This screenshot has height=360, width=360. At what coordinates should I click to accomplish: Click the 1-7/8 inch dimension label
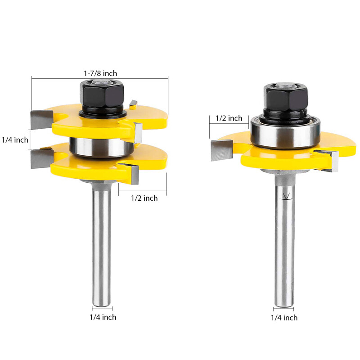(x=100, y=73)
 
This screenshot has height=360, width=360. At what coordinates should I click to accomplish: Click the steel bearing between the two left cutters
(x=101, y=148)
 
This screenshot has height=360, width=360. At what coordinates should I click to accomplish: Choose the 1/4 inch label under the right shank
(x=283, y=318)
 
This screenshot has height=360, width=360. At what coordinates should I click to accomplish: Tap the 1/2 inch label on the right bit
(x=229, y=118)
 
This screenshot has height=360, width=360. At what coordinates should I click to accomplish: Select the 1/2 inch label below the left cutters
(x=144, y=198)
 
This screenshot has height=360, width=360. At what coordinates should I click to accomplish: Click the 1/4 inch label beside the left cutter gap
(x=15, y=140)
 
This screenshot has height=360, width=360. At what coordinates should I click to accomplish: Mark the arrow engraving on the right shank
(x=284, y=197)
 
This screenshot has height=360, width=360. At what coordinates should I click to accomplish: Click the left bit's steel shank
(x=101, y=243)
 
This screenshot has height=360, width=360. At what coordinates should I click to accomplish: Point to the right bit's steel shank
(x=284, y=252)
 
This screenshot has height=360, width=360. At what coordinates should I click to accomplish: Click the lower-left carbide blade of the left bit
(x=41, y=158)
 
